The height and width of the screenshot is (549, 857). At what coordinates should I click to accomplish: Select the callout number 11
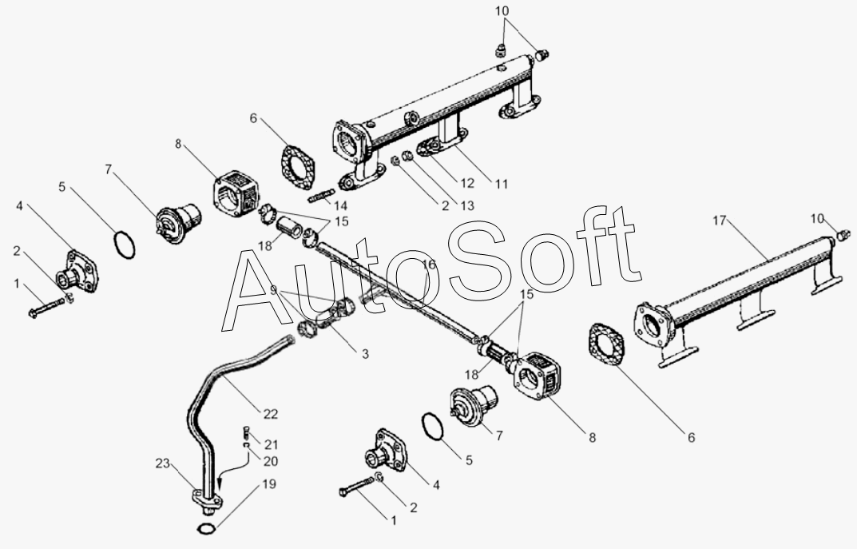pos(501,184)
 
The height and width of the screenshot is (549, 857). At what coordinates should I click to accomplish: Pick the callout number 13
pos(467,205)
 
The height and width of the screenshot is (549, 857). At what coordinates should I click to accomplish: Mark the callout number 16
pos(428,265)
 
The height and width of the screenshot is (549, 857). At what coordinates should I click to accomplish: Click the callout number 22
pos(271,414)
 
